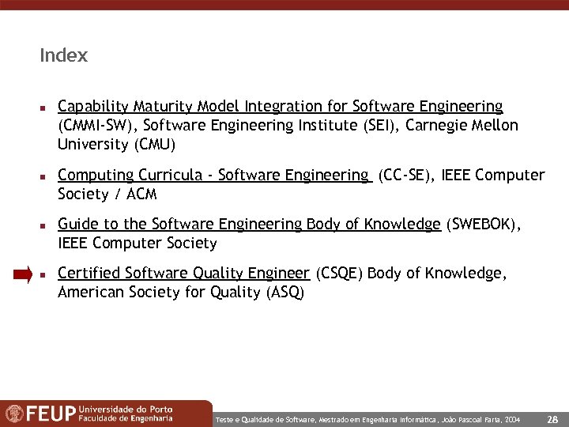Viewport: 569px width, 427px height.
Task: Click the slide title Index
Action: pyautogui.click(x=63, y=56)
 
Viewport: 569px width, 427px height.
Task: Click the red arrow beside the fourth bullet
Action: pyautogui.click(x=22, y=274)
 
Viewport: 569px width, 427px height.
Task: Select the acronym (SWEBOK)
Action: pyautogui.click(x=484, y=225)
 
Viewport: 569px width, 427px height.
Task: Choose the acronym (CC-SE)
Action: pyautogui.click(x=405, y=176)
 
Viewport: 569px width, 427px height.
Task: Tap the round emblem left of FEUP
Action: pyautogui.click(x=14, y=414)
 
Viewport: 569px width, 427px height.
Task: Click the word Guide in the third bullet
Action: pyautogui.click(x=77, y=225)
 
